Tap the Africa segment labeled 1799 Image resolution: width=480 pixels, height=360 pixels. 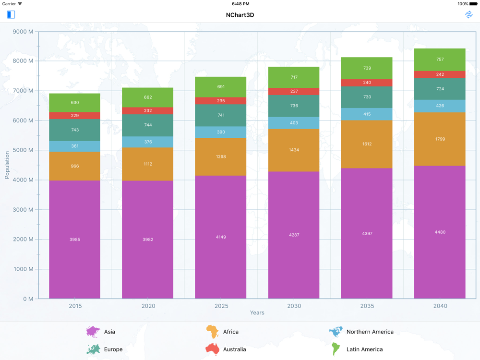click(x=440, y=139)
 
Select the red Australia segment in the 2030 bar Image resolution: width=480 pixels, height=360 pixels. click(x=294, y=91)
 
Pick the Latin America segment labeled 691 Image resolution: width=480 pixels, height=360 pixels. click(x=221, y=87)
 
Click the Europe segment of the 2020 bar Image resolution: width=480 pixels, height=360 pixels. click(x=148, y=125)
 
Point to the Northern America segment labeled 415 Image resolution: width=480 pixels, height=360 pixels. click(x=367, y=114)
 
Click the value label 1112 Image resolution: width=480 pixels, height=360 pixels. click(x=148, y=164)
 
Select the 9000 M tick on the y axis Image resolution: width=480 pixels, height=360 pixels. click(x=24, y=32)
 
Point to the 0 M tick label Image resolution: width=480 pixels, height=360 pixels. click(x=28, y=299)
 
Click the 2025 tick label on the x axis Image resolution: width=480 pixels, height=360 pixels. click(x=221, y=306)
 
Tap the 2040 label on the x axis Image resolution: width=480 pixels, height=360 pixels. click(x=440, y=306)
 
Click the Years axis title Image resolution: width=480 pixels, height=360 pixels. click(x=257, y=313)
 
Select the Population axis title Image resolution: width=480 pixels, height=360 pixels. click(x=7, y=165)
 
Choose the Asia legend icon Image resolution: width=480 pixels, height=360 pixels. click(x=93, y=332)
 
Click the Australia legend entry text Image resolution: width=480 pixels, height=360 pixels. click(x=234, y=349)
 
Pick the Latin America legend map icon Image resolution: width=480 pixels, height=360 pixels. click(x=336, y=349)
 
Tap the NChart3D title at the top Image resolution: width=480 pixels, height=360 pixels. click(x=240, y=15)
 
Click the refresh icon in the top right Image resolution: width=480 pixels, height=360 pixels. click(x=468, y=14)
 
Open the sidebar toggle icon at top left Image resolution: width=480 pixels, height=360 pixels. click(x=11, y=14)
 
